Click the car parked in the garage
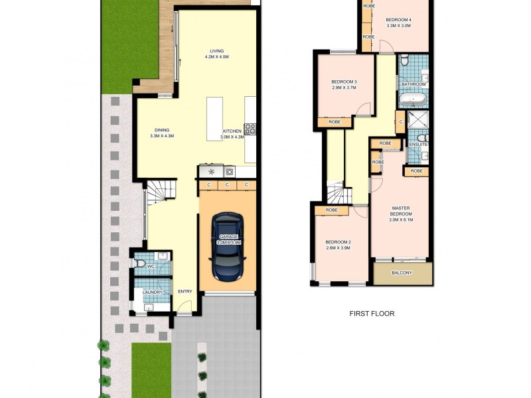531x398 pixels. coord(227,247)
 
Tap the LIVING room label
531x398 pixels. coord(216,54)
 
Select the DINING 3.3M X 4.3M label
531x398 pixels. coord(162,133)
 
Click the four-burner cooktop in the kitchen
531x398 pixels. coord(250,129)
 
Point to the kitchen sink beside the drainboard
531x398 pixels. coord(230,171)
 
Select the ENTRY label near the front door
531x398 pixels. coord(185,292)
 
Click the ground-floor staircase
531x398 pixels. coord(161,192)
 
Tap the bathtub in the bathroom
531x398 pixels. coord(412,100)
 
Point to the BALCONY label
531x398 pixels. coord(402,273)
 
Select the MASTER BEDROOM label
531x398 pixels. coord(401,211)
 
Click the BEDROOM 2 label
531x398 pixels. coord(338,245)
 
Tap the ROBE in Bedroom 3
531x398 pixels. coord(335,122)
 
